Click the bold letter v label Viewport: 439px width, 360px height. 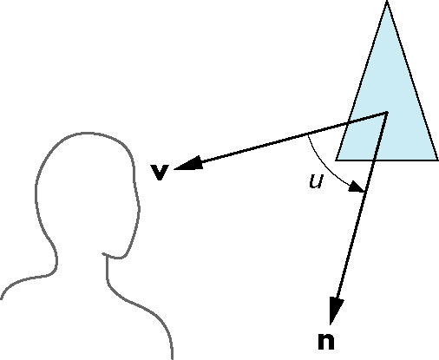tap(160, 173)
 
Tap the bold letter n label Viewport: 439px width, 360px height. tap(326, 342)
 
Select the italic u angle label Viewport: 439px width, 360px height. tap(316, 182)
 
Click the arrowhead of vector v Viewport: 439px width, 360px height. tap(187, 163)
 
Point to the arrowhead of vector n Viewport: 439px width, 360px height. tap(336, 311)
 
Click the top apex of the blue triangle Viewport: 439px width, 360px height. tap(387, 2)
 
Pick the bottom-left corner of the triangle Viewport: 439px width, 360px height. tap(336, 160)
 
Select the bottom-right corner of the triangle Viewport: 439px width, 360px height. tap(437, 160)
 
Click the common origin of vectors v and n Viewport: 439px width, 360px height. tap(386, 113)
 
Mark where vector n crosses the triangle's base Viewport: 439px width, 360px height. tap(374, 160)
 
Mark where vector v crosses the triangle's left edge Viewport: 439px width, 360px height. tap(348, 123)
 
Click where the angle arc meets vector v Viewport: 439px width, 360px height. tap(308, 134)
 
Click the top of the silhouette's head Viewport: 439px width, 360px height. tap(85, 134)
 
